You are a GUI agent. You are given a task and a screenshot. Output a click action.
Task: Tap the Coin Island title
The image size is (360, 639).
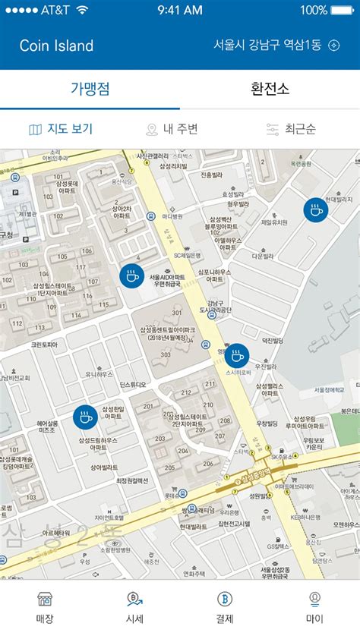(56, 46)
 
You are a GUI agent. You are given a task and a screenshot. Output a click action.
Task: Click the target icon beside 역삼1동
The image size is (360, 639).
(333, 46)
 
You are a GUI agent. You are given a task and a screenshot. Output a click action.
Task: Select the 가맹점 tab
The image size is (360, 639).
(90, 89)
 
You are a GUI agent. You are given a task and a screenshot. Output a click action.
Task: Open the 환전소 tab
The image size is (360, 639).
(270, 89)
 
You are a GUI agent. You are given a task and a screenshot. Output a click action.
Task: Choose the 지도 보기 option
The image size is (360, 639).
(61, 129)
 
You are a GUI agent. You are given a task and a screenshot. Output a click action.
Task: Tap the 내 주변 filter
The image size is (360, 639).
(172, 129)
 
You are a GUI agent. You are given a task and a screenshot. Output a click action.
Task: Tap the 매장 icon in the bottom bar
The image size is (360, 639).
(45, 607)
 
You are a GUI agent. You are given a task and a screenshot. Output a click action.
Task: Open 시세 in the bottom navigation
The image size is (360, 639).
(134, 607)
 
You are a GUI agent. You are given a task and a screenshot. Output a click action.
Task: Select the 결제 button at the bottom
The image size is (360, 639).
(225, 607)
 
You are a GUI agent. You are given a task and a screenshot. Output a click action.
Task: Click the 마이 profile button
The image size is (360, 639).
(314, 607)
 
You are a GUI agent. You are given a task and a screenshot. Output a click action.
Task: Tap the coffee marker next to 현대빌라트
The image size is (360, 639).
(316, 209)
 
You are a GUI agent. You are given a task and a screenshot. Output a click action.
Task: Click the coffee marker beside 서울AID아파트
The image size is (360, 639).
(131, 275)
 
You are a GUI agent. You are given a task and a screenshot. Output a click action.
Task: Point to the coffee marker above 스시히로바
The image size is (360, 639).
(237, 356)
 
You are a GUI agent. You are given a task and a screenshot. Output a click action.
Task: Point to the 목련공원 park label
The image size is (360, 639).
(302, 162)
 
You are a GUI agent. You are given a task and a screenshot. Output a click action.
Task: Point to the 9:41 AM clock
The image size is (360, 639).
(180, 11)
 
